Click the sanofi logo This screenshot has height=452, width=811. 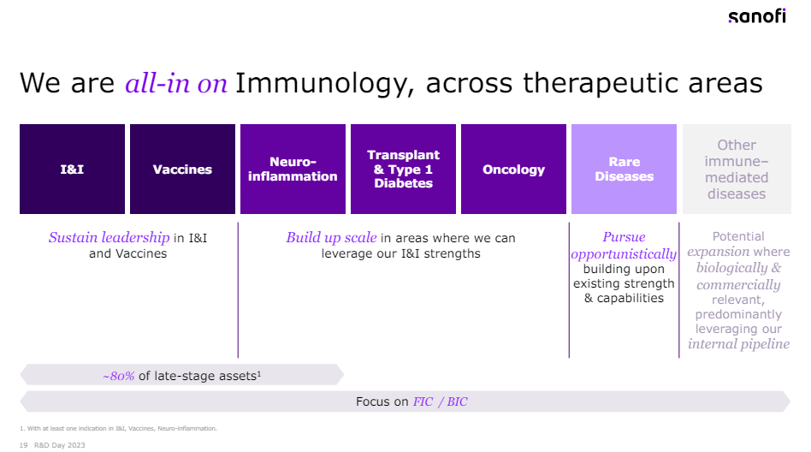pyautogui.click(x=756, y=17)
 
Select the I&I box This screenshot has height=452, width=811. pyautogui.click(x=72, y=169)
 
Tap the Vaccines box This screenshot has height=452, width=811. pyautogui.click(x=182, y=169)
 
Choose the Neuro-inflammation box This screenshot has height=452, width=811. pyautogui.click(x=293, y=169)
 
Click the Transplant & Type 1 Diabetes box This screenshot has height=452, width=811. pyautogui.click(x=403, y=169)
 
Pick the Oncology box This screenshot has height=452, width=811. pyautogui.click(x=513, y=169)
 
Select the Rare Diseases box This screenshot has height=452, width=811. pyautogui.click(x=624, y=169)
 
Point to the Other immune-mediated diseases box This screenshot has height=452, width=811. pyautogui.click(x=736, y=169)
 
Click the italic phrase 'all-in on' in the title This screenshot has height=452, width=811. pyautogui.click(x=176, y=83)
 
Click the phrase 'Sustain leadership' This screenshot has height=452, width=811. pyautogui.click(x=109, y=237)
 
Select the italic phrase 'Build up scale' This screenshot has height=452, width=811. pyautogui.click(x=331, y=237)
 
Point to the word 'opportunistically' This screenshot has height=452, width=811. pyautogui.click(x=624, y=254)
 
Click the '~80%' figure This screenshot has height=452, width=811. pyautogui.click(x=118, y=376)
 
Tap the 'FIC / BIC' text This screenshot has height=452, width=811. pyautogui.click(x=440, y=401)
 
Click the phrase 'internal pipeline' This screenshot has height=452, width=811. pyautogui.click(x=738, y=345)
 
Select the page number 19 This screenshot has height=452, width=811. pyautogui.click(x=23, y=445)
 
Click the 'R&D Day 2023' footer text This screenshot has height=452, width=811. pyautogui.click(x=59, y=445)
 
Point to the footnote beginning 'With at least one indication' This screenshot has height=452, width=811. pyautogui.click(x=120, y=428)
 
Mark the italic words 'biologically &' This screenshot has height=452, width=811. pyautogui.click(x=738, y=268)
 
